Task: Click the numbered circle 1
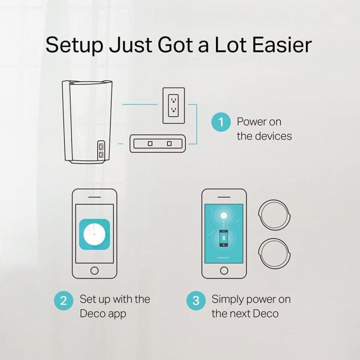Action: [221, 122]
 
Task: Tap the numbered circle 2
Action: [64, 300]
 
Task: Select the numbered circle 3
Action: [196, 300]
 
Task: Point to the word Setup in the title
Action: [75, 46]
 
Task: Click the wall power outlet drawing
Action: [174, 105]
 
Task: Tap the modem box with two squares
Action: [157, 143]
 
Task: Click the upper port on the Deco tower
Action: [101, 146]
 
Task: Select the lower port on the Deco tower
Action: [101, 155]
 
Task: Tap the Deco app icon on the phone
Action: [95, 235]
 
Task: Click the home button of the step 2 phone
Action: [95, 271]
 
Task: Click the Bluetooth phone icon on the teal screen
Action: [224, 238]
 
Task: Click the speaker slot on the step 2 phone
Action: [95, 197]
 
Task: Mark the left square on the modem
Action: [150, 143]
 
